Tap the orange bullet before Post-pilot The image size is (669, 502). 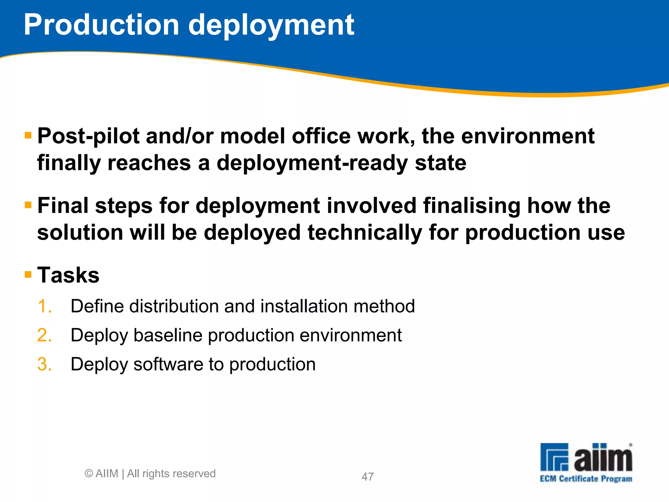pos(28,135)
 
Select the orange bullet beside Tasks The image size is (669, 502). pos(28,274)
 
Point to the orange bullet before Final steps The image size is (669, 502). pos(28,205)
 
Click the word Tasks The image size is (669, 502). pos(68,275)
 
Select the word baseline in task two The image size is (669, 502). pos(168,335)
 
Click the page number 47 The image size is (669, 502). pos(367,477)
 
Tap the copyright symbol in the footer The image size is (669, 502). pos(89,473)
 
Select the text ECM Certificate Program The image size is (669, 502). pos(586,479)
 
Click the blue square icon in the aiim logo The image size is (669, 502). pos(554,457)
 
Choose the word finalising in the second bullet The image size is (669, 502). pos(472,206)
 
